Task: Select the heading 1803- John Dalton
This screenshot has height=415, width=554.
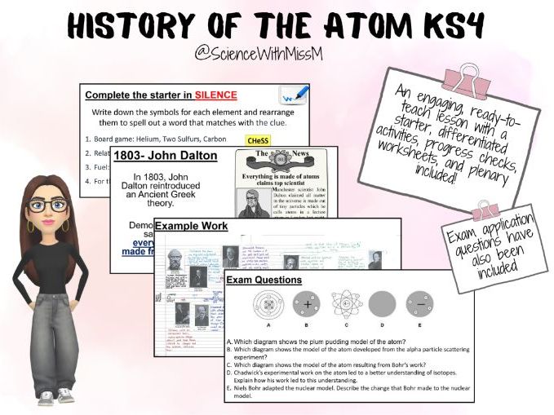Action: click(166, 155)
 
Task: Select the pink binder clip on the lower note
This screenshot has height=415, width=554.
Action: click(487, 209)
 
